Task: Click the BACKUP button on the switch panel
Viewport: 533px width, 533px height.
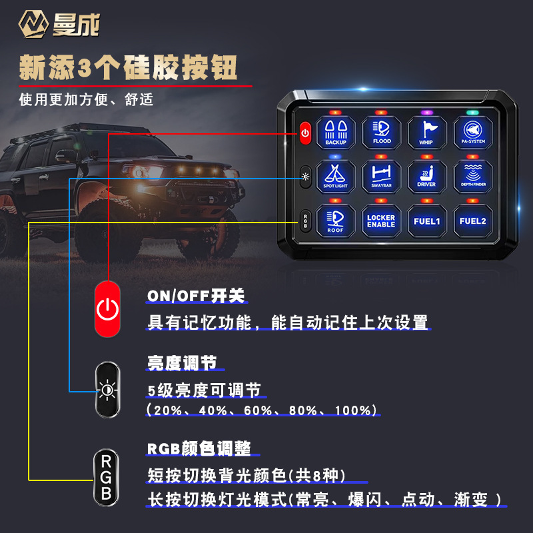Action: pyautogui.click(x=336, y=132)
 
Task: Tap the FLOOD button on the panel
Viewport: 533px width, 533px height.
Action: pyautogui.click(x=382, y=132)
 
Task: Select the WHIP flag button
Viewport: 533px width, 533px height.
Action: pyautogui.click(x=426, y=132)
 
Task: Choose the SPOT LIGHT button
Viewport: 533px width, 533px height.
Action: pyautogui.click(x=336, y=175)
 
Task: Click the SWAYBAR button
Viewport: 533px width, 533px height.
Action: pyautogui.click(x=382, y=175)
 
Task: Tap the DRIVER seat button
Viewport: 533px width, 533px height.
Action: pyautogui.click(x=426, y=175)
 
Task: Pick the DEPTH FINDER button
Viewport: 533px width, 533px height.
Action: pyautogui.click(x=473, y=175)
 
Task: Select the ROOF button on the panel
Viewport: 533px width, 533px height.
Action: pyautogui.click(x=336, y=220)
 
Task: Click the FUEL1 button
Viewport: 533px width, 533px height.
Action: pyautogui.click(x=426, y=220)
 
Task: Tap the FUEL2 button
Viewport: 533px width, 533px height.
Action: pyautogui.click(x=473, y=220)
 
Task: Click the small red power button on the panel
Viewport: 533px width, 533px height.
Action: pyautogui.click(x=305, y=133)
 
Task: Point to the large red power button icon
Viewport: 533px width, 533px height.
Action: pyautogui.click(x=107, y=308)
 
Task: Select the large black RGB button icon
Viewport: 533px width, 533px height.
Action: pyautogui.click(x=106, y=477)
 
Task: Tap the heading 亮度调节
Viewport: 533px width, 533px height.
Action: pyautogui.click(x=182, y=363)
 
